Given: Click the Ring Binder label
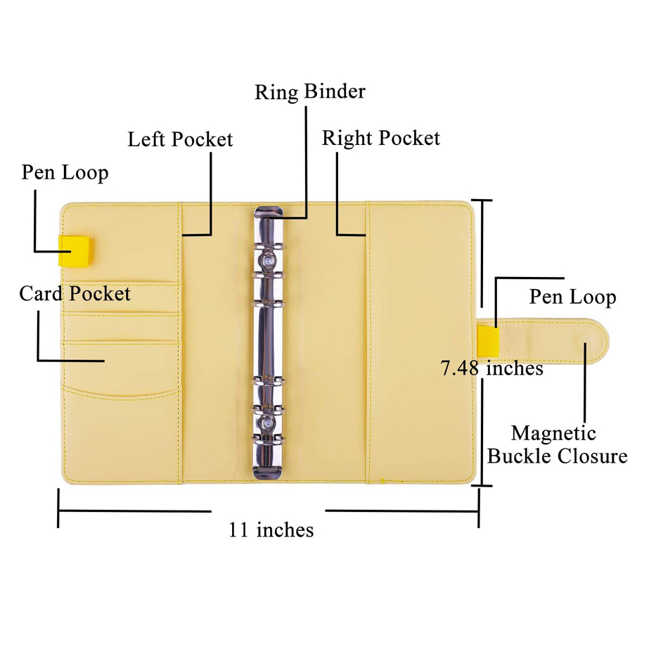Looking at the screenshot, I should click(x=310, y=93).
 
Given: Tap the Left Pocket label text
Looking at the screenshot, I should click(x=180, y=139).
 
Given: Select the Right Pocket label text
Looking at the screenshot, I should click(x=381, y=138).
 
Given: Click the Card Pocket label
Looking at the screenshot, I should click(x=75, y=293).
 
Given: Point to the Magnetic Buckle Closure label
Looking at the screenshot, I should click(x=556, y=444).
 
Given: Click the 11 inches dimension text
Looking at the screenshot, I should click(x=271, y=529).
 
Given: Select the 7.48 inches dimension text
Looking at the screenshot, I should click(x=491, y=368).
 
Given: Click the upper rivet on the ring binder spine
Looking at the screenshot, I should click(x=268, y=261).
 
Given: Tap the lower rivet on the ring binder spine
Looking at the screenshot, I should click(x=268, y=423).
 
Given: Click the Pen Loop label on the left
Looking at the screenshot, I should click(x=65, y=172).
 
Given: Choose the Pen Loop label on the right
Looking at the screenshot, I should click(x=572, y=297).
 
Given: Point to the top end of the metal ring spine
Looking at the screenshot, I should click(x=267, y=213).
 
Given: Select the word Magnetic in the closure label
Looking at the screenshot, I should click(x=553, y=433).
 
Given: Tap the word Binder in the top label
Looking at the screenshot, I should click(x=335, y=93).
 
